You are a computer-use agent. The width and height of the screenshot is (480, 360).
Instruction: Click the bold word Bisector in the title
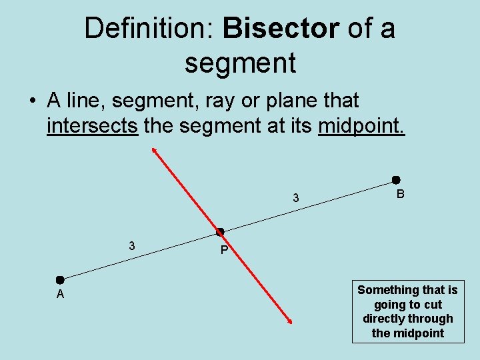282,29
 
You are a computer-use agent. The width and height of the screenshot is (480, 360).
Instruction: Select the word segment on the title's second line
240,63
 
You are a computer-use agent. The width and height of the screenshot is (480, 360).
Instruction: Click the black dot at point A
60,280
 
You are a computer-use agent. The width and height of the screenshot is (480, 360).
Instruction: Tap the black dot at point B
395,180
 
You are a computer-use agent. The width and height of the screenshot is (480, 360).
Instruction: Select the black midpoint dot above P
219,232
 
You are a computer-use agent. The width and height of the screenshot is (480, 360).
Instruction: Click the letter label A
60,295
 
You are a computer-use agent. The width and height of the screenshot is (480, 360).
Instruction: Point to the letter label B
400,195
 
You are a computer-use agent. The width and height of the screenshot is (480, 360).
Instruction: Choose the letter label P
224,251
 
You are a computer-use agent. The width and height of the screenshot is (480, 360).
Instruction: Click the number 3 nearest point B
296,198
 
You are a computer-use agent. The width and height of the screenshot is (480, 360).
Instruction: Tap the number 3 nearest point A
132,246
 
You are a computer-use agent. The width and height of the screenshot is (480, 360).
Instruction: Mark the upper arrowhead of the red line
154,150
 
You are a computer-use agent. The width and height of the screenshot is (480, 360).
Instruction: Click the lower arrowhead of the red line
290,322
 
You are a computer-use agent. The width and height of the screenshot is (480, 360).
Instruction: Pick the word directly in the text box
385,319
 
